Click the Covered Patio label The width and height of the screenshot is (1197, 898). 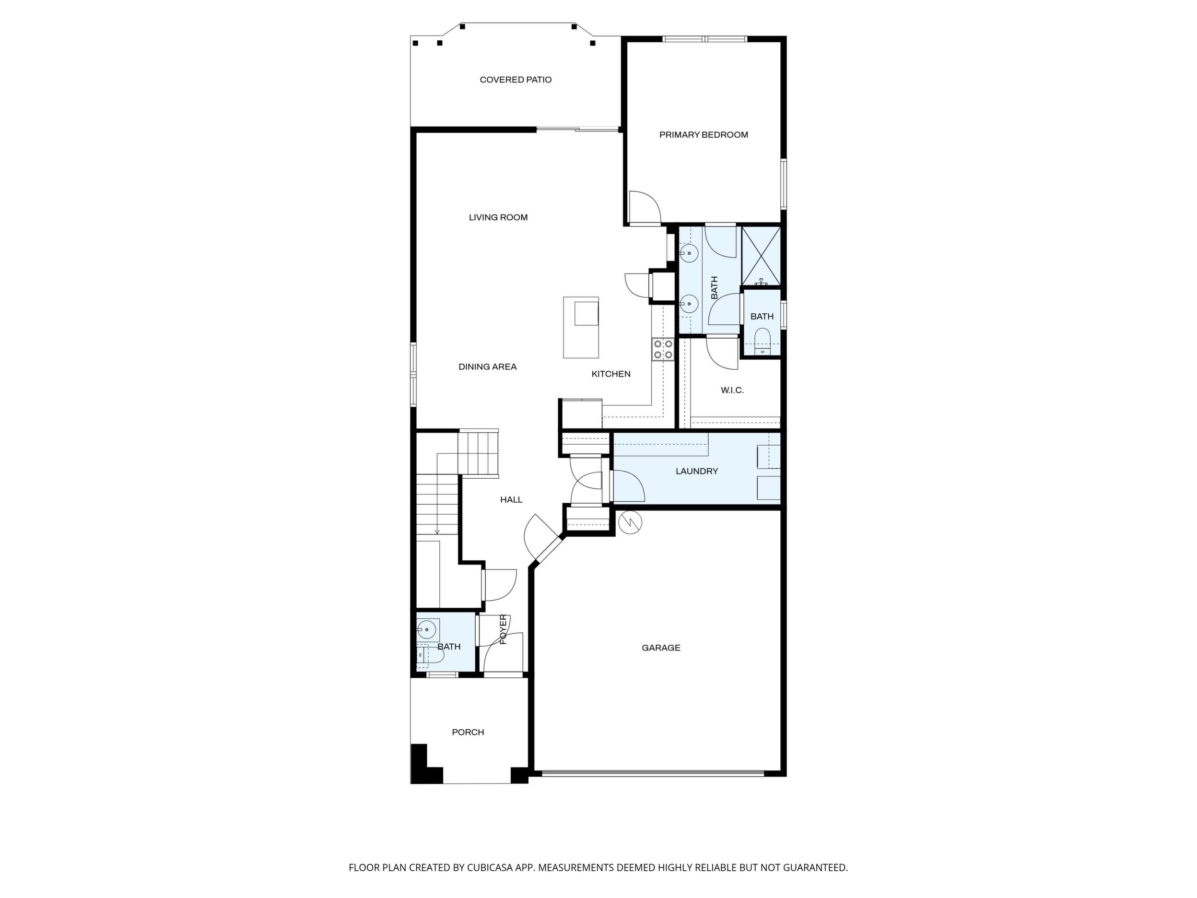coord(516,80)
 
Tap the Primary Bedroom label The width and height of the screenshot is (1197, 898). coord(704,135)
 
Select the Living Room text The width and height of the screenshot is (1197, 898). coord(498,218)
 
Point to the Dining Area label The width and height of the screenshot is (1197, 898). coord(488,366)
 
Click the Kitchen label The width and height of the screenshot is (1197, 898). coord(611,374)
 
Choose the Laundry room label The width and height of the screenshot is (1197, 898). coord(697,472)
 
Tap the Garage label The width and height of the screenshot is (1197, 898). coord(661,648)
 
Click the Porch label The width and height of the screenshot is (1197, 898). coord(468,733)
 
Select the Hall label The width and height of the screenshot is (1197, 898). coord(511,500)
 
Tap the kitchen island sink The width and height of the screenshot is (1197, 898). coord(587,313)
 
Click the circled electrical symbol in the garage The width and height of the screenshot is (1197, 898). coord(630,522)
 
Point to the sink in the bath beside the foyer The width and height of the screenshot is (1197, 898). coord(427,629)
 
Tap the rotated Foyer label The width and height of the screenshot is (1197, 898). coord(503,629)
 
